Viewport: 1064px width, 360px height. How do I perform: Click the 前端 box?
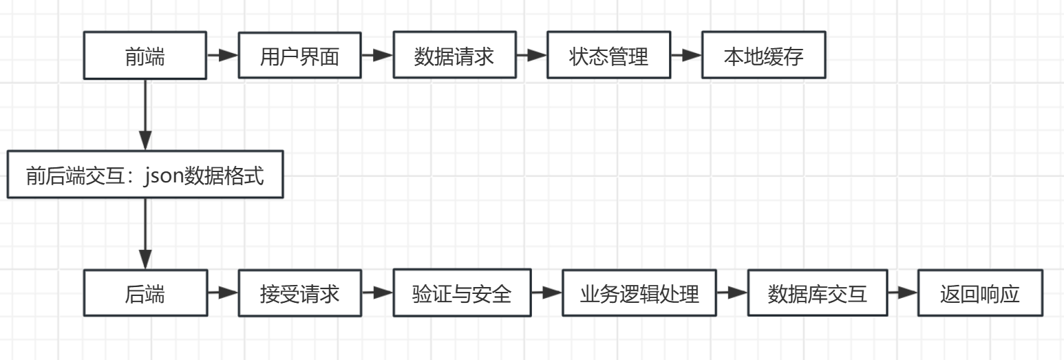coord(145,56)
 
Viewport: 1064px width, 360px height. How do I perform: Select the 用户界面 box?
coord(299,56)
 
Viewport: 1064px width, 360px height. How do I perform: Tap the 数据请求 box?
coord(454,56)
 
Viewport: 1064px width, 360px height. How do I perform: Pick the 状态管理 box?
coord(608,56)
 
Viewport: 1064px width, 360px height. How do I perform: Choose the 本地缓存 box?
coord(763,56)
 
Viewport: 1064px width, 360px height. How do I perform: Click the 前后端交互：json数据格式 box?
coord(145,176)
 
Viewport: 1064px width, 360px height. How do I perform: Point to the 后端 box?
coord(145,294)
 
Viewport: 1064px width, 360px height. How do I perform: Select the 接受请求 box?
coord(299,294)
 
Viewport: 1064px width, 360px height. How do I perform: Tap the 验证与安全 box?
coord(462,293)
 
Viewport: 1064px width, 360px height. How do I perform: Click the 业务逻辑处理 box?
coord(639,294)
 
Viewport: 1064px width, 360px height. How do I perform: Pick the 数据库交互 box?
coord(817,293)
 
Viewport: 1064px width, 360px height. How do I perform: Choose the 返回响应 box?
coord(980,294)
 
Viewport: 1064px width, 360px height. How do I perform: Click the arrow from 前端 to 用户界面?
coord(222,56)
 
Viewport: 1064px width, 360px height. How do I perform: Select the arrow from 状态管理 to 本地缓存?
coord(685,56)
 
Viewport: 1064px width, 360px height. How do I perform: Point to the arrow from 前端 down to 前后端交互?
coord(145,114)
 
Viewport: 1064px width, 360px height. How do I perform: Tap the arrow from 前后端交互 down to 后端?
coord(145,234)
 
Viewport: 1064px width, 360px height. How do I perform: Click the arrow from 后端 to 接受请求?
coord(222,294)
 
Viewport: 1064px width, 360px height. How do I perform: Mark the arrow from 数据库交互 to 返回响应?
coord(902,293)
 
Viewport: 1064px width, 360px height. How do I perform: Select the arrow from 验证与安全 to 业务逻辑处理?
coord(546,293)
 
